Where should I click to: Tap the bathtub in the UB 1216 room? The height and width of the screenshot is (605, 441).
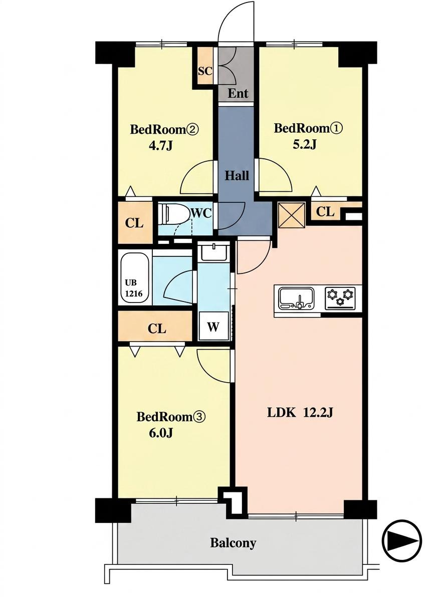coord(134,277)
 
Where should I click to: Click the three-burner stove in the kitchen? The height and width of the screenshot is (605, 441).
coord(340,298)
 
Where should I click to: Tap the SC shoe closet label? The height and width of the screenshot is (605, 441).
coord(205,71)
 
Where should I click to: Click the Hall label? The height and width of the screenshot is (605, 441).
coord(237,176)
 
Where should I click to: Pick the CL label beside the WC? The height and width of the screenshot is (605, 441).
coord(134,224)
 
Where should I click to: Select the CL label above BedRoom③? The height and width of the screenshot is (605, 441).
coord(157,329)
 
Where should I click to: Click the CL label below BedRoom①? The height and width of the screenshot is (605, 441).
coord(325,212)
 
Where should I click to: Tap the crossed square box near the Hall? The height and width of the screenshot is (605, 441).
coord(292,214)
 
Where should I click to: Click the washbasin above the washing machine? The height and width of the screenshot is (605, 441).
coord(214,252)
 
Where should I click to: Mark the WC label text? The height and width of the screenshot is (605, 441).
coord(201,214)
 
